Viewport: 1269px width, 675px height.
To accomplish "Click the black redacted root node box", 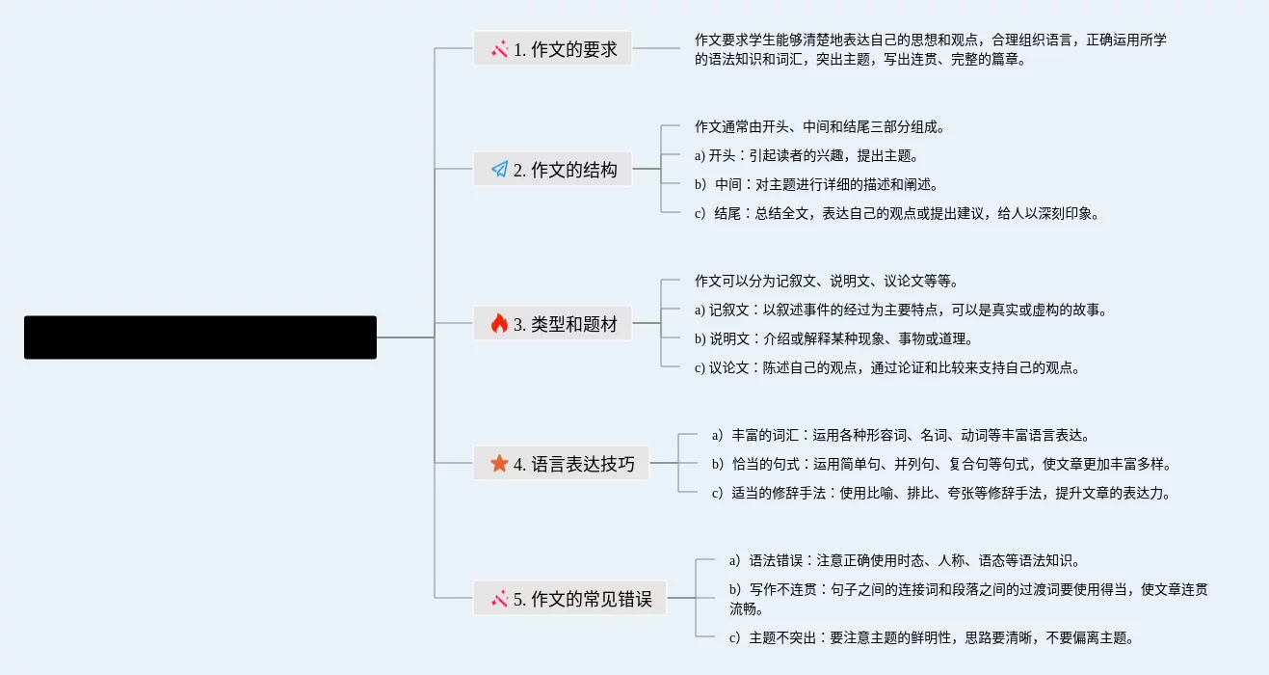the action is [x=200, y=337].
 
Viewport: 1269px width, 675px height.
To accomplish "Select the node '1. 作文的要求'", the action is [x=553, y=49].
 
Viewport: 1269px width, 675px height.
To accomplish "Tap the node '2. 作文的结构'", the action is [x=553, y=170].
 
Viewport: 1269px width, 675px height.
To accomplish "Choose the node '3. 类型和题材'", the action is [x=553, y=324].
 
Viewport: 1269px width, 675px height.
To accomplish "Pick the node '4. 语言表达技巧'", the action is [x=562, y=464].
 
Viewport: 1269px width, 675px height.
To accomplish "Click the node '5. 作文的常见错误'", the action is [x=569, y=599].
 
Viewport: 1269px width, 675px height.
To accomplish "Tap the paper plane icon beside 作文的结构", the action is [x=499, y=170].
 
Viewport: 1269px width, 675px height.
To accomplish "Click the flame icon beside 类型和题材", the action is [x=499, y=324].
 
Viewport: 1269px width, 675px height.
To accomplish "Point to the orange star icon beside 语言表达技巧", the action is [x=499, y=464].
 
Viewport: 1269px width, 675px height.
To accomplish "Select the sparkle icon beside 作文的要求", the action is [x=499, y=49].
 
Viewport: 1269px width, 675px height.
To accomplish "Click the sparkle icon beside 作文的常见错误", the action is [x=499, y=599].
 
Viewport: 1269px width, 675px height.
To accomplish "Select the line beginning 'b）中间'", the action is [x=815, y=184].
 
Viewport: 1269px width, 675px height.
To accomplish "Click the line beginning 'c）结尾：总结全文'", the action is [x=896, y=213].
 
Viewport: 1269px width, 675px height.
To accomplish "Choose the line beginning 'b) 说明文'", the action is [x=833, y=338].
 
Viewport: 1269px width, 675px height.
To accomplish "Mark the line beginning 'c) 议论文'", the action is [x=886, y=367].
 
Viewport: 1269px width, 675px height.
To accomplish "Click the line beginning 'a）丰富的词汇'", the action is [x=901, y=435].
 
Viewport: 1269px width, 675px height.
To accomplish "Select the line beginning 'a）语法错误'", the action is [x=905, y=560].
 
